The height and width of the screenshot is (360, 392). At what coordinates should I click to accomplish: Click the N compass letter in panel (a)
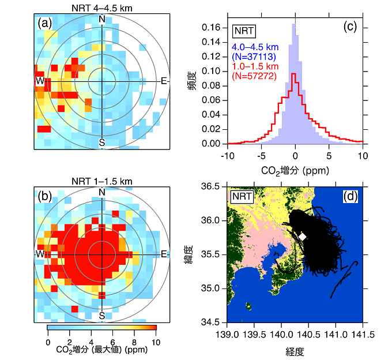coord(102,19)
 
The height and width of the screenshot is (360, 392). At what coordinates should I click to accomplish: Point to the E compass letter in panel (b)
coord(164,254)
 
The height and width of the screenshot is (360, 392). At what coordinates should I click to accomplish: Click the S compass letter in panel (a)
coord(102,142)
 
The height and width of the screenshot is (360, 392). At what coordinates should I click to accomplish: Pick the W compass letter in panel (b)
coord(40,254)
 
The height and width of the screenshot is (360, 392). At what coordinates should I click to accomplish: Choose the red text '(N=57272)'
coord(254,76)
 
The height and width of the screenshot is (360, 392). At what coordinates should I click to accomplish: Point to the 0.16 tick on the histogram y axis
coord(215,27)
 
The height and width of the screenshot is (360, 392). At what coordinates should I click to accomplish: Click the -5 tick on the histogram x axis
coord(261,155)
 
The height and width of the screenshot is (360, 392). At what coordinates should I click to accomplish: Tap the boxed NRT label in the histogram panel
coord(244,31)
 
